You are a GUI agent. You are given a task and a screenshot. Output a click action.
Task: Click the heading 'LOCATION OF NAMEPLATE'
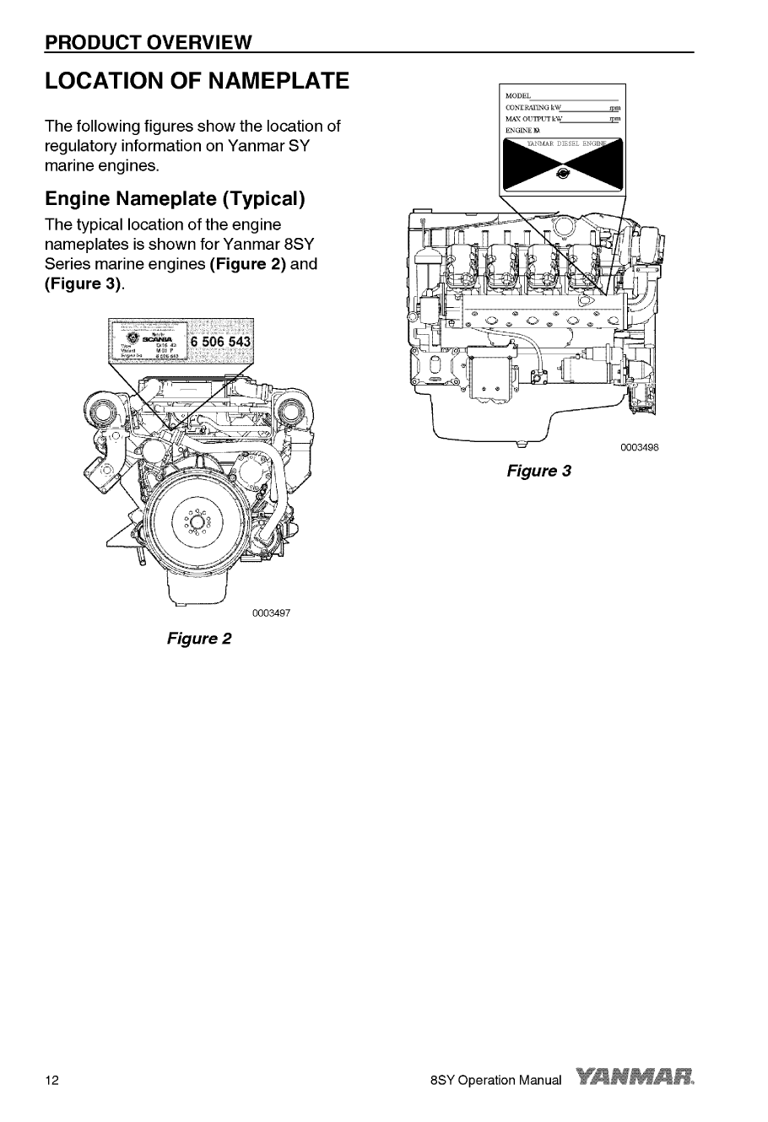pyautogui.click(x=197, y=82)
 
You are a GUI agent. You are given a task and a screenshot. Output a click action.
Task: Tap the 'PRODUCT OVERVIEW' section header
pyautogui.click(x=149, y=42)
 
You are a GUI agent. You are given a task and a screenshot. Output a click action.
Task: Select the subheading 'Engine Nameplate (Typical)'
pyautogui.click(x=173, y=200)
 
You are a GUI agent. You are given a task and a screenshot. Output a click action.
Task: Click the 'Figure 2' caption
pyautogui.click(x=199, y=638)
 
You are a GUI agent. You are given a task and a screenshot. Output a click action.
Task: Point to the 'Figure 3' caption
pyautogui.click(x=538, y=471)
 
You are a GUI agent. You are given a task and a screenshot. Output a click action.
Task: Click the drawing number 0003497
pyautogui.click(x=270, y=612)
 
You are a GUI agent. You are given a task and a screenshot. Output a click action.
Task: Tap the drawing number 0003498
pyautogui.click(x=638, y=447)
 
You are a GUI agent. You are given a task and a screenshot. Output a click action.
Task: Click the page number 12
pyautogui.click(x=52, y=1081)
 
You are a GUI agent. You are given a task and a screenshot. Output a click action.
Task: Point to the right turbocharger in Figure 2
pyautogui.click(x=289, y=414)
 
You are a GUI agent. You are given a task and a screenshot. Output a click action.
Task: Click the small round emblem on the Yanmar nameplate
pyautogui.click(x=563, y=174)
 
